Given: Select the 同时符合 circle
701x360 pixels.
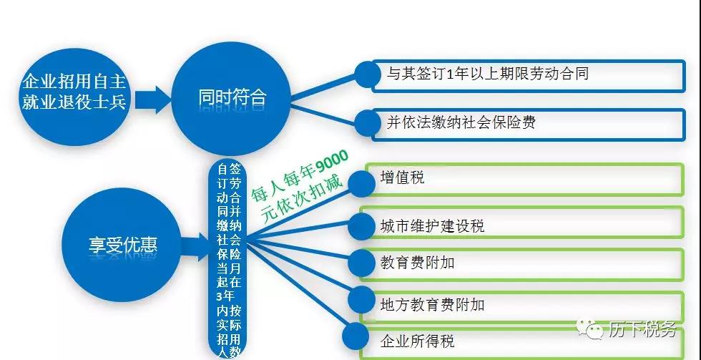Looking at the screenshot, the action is (232, 98).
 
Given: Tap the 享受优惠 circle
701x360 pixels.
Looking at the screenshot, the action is (122, 245).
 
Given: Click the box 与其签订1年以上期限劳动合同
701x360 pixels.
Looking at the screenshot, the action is (529, 76).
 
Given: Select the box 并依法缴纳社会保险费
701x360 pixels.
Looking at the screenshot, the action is (529, 125).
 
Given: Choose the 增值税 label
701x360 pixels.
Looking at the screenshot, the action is (402, 177).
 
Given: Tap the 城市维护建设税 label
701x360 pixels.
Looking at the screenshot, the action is (432, 225).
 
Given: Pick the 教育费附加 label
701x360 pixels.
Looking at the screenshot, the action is (417, 263).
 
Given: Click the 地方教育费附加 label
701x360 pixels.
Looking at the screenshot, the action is (432, 305).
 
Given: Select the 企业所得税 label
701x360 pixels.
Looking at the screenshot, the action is (417, 341).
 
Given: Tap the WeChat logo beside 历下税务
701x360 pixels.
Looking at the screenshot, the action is (590, 330).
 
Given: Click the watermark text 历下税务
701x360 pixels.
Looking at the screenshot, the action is (642, 330).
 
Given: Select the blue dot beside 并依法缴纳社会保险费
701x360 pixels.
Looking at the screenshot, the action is (368, 122).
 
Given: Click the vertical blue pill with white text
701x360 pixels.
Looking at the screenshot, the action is (229, 259).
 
